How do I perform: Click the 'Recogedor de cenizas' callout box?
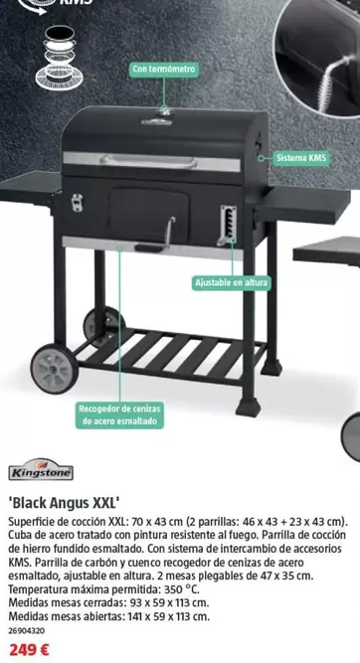click(x=118, y=414)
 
